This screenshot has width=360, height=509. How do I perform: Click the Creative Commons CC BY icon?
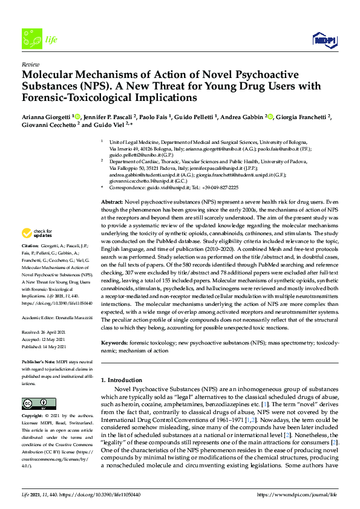pyautogui.click(x=34, y=404)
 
